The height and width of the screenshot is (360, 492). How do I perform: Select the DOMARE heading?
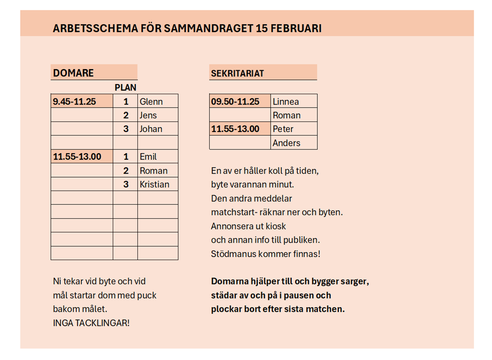coord(73,73)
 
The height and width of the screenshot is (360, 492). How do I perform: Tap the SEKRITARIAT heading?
coord(237,73)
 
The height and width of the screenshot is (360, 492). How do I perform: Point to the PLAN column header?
coord(125,88)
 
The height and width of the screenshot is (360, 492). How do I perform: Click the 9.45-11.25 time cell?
coord(75,101)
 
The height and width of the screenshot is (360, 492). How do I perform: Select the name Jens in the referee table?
coord(148,115)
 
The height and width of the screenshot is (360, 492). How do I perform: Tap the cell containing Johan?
coord(151,129)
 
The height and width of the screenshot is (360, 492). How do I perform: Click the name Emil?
coord(148,157)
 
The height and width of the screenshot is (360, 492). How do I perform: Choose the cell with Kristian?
coord(154,184)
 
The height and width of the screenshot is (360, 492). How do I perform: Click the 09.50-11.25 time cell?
coord(235,101)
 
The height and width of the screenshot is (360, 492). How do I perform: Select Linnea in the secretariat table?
coord(285,101)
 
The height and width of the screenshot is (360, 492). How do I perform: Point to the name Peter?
coord(283,129)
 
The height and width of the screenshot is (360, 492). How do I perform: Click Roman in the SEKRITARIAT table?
coord(286,115)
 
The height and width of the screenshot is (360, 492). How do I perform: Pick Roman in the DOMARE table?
coord(153,171)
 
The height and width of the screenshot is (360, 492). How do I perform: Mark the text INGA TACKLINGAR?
coord(91,323)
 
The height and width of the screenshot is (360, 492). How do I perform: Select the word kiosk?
coord(276,226)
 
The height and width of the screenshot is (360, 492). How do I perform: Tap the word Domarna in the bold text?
coord(230,281)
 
